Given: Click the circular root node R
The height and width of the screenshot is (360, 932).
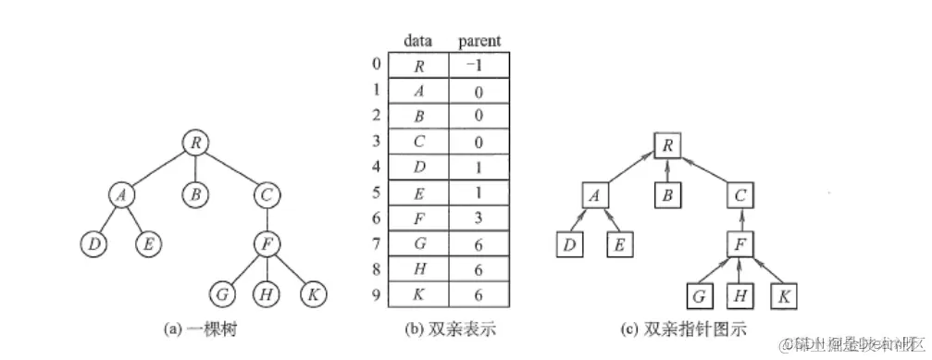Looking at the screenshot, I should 195,143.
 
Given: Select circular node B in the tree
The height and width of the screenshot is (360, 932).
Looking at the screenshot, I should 195,195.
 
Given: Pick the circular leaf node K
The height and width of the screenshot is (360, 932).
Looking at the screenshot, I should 313,295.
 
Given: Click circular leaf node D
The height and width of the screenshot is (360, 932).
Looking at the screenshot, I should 93,246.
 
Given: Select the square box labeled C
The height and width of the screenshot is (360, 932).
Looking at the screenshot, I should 739,195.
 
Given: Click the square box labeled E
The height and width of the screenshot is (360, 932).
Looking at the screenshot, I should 618,245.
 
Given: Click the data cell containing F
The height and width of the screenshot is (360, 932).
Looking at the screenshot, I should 418,220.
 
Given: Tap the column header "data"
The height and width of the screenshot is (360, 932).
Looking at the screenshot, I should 418,42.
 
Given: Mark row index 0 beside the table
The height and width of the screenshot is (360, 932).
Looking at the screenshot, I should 374,66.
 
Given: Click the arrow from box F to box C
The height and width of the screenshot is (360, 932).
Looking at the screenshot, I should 739,220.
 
